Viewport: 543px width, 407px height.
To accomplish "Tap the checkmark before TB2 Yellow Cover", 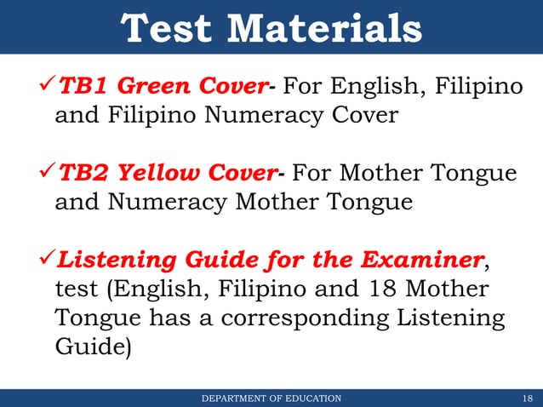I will pyautogui.click(x=47, y=174).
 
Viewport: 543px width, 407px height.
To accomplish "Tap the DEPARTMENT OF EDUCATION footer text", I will pyautogui.click(x=271, y=398).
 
